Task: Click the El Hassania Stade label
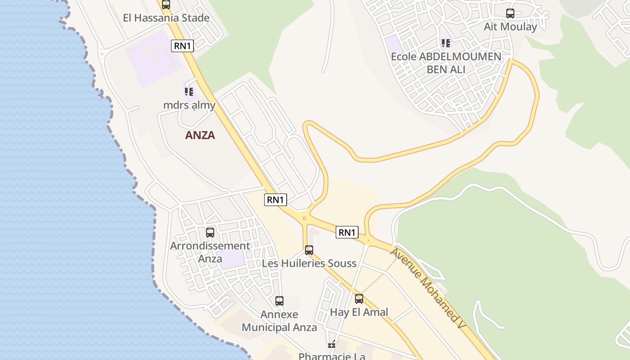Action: point(166,18)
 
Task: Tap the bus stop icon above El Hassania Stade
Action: point(166,5)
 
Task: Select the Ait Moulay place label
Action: point(510,27)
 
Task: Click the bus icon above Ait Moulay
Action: point(510,13)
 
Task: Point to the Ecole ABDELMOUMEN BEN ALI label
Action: point(446,63)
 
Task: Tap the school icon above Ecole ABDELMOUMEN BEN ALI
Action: point(445,43)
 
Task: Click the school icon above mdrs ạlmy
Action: point(189,92)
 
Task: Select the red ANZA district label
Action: point(200,135)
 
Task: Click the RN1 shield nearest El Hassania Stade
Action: point(182,46)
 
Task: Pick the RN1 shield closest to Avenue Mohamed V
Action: point(347,232)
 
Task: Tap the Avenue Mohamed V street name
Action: point(426,288)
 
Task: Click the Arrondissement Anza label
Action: point(210,252)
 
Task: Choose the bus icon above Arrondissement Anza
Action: point(210,233)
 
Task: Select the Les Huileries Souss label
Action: point(309,263)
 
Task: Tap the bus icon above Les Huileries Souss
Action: point(309,250)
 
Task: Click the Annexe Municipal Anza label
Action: point(279,321)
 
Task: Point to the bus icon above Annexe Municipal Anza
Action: point(279,301)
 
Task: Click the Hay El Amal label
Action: point(359,312)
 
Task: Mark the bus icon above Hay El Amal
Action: point(359,299)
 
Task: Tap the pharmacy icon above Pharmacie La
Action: point(332,345)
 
